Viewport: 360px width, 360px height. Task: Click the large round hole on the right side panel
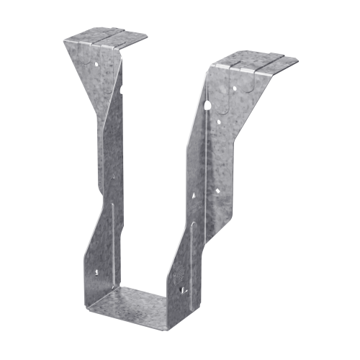(x=208, y=105)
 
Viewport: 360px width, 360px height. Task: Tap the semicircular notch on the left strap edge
(x=122, y=91)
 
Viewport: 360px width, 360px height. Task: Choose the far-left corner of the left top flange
(x=64, y=40)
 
